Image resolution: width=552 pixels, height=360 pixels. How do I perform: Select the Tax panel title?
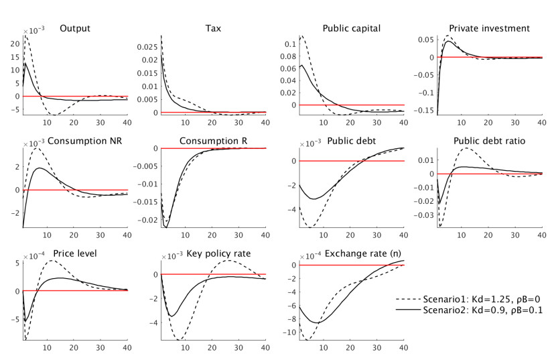tap(214, 28)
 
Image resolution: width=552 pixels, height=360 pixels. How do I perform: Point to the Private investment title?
tap(490, 28)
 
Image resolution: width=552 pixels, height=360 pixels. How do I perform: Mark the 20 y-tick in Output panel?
tap(15, 44)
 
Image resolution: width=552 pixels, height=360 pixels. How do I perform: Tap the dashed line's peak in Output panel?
tap(26, 36)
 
